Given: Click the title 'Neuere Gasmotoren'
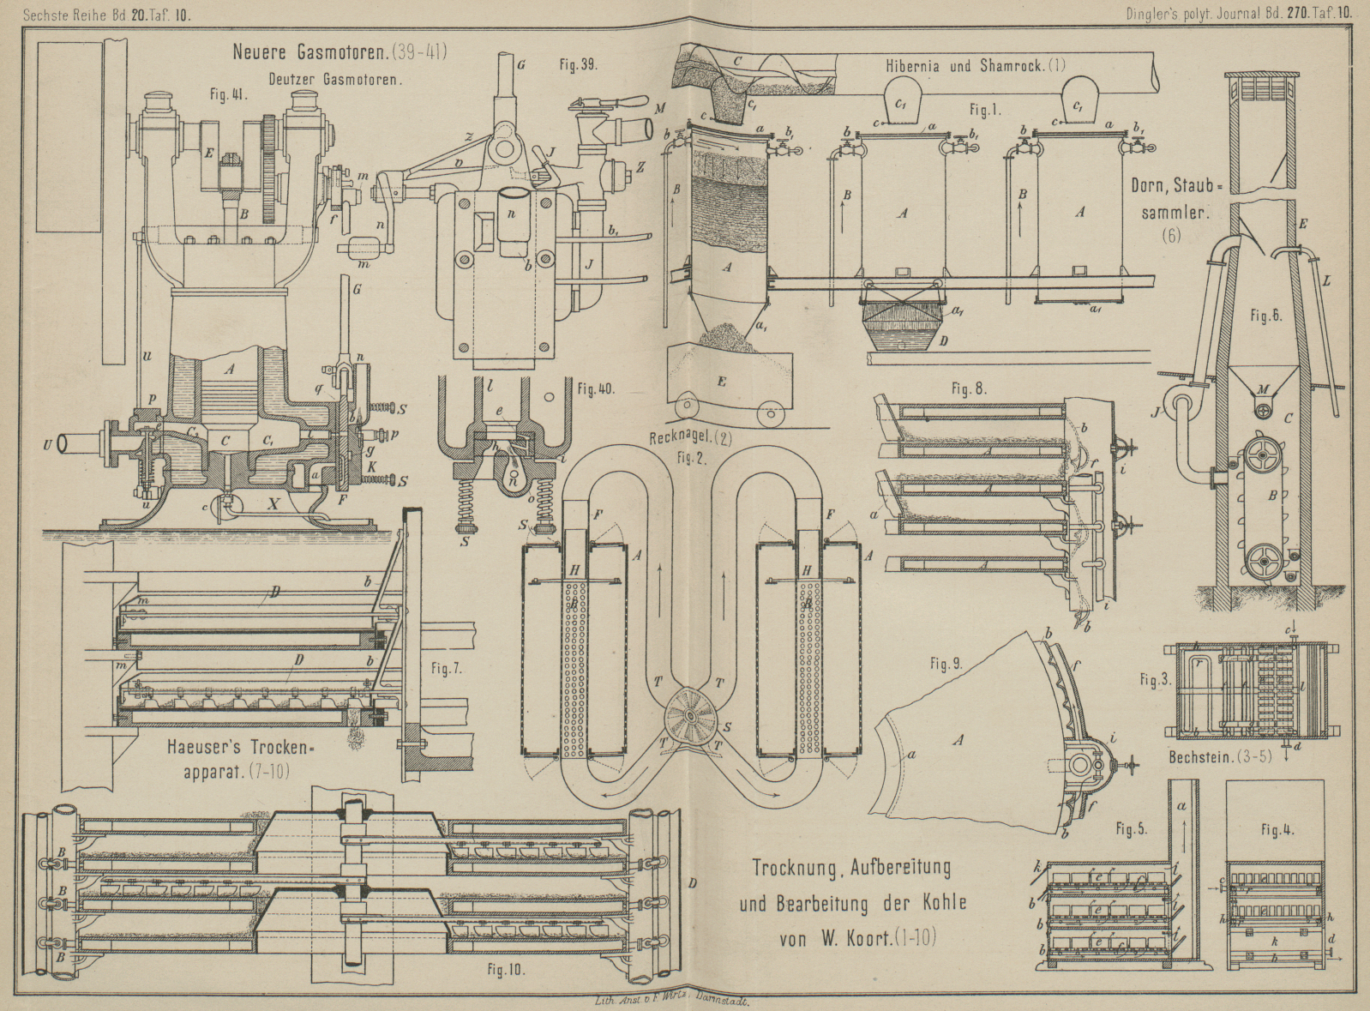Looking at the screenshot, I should pos(310,52).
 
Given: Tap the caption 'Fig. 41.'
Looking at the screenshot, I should pos(229,95).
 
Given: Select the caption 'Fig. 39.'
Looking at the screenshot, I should pos(578,64).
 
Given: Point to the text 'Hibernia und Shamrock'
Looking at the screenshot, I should pos(964,66).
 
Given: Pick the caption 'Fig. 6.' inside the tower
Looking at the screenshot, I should pos(1265,316).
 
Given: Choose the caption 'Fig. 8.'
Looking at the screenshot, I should pos(969,388).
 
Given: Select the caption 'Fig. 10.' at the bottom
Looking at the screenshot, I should pos(506,970).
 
